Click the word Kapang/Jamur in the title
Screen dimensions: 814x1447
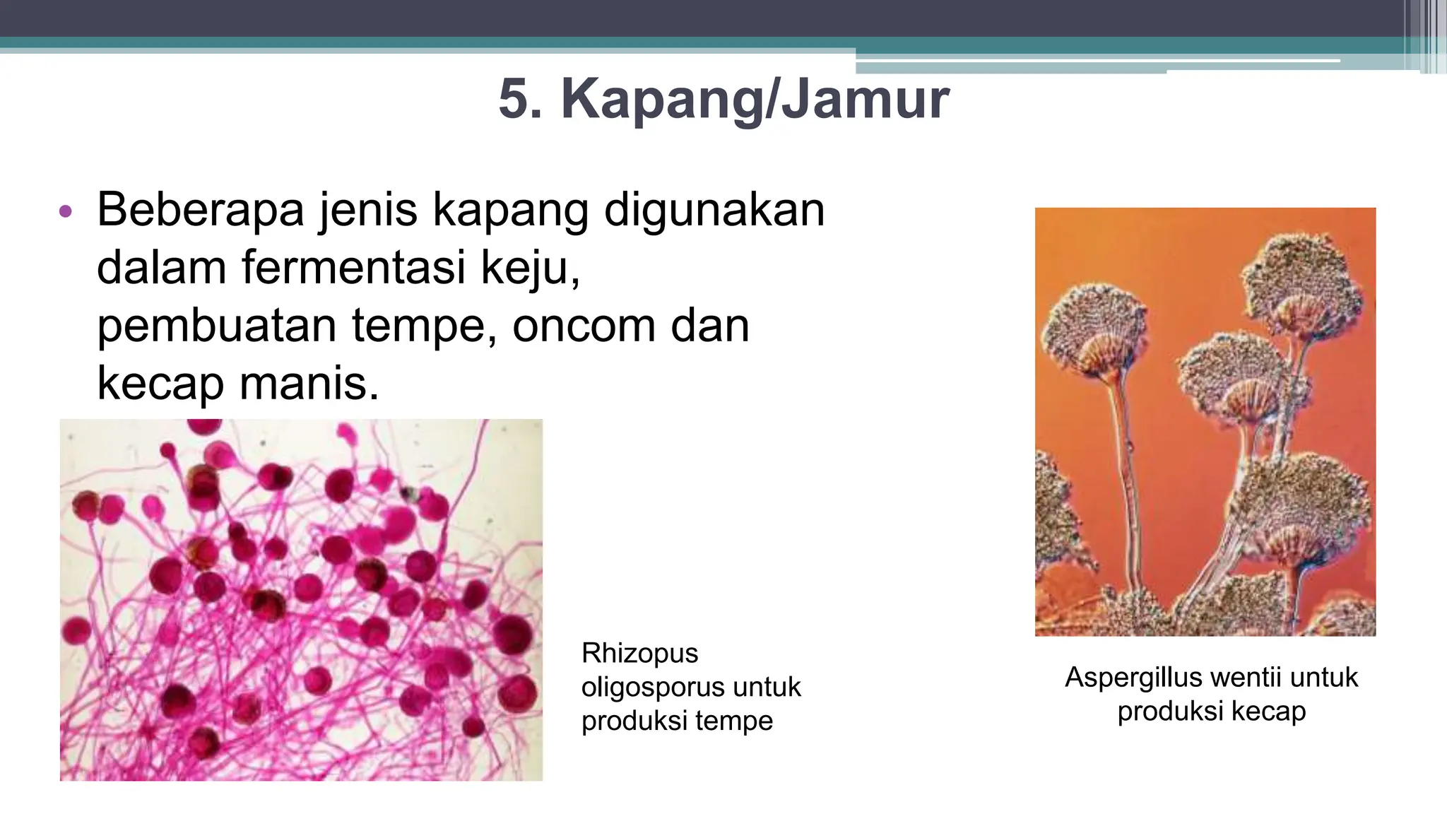coord(755,100)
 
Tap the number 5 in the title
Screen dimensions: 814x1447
coord(520,100)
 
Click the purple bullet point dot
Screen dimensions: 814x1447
coord(66,211)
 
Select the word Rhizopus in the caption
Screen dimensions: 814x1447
coord(639,654)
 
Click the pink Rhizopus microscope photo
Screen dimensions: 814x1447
coord(301,600)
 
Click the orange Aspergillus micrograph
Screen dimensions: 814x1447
coord(1205,422)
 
